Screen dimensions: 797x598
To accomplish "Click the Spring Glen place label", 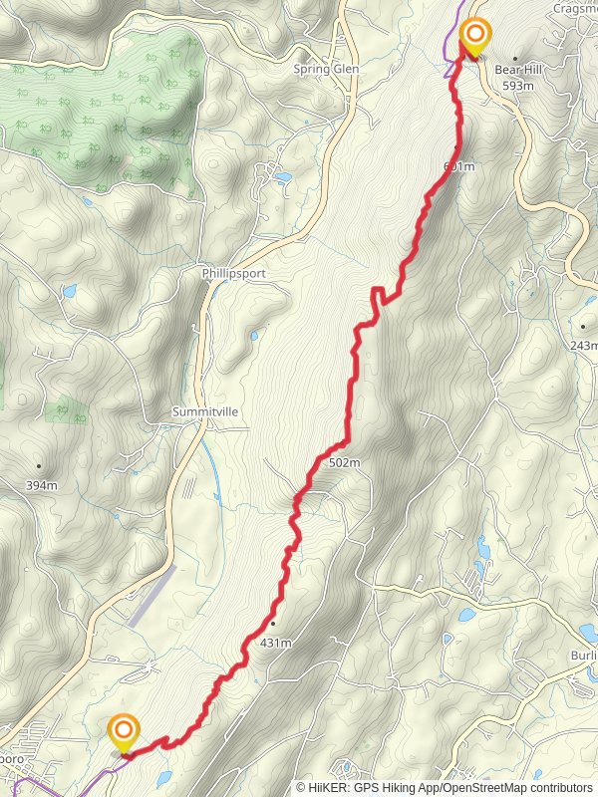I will click(x=326, y=70).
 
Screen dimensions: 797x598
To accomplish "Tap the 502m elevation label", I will click(x=343, y=462).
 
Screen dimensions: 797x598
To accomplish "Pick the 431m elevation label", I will click(x=275, y=643).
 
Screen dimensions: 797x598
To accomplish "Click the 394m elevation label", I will click(x=42, y=485).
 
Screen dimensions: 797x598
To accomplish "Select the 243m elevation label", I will click(x=585, y=346).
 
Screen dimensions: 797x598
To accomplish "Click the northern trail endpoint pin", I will click(x=475, y=38).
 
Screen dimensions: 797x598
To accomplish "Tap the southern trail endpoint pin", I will click(x=124, y=733).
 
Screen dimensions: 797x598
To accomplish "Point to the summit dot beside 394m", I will click(x=39, y=466).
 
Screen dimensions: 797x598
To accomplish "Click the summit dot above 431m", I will click(x=271, y=624).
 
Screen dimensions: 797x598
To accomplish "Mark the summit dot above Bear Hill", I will click(x=515, y=59).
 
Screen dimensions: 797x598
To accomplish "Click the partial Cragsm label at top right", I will click(x=577, y=8).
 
